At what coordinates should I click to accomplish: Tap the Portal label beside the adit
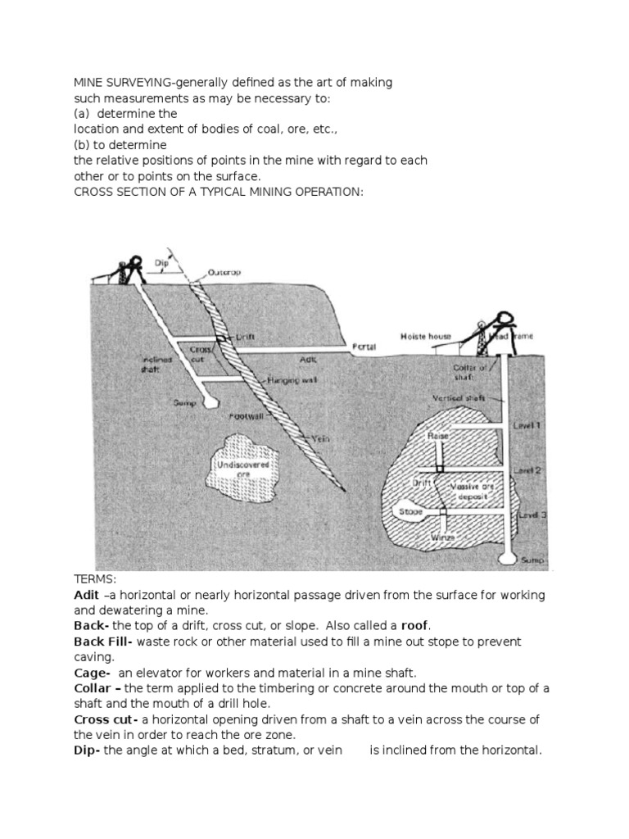[x=364, y=347]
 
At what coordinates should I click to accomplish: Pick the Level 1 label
[x=525, y=426]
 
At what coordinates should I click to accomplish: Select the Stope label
[x=411, y=511]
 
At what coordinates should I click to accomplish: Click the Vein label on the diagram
[x=319, y=438]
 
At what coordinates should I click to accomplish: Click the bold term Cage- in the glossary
[x=91, y=670]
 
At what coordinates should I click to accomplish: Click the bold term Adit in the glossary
[x=85, y=595]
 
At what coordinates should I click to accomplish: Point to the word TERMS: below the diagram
[x=95, y=579]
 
